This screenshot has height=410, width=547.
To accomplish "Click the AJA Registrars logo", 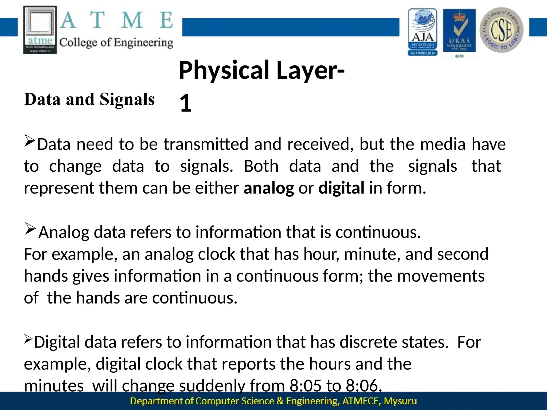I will coord(423,32).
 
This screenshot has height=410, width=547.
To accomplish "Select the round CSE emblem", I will coord(502,30).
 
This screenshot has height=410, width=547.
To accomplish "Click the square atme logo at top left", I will coord(40,30).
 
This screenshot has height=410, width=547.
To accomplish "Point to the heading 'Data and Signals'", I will coord(89,99).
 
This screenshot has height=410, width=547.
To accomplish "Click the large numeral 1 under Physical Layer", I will coord(186,103).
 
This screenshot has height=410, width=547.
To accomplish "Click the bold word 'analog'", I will coord(269,188).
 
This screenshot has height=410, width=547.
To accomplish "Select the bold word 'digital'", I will coord(341,188).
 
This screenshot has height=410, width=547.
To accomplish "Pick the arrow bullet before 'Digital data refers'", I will coord(28,339).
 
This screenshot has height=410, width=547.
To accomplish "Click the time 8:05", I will coord(305,385).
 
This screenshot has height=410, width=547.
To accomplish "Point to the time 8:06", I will coord(364,385).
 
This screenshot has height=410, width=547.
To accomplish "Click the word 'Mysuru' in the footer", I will coord(400,401).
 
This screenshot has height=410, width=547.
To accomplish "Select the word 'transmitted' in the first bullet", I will coord(206,144).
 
